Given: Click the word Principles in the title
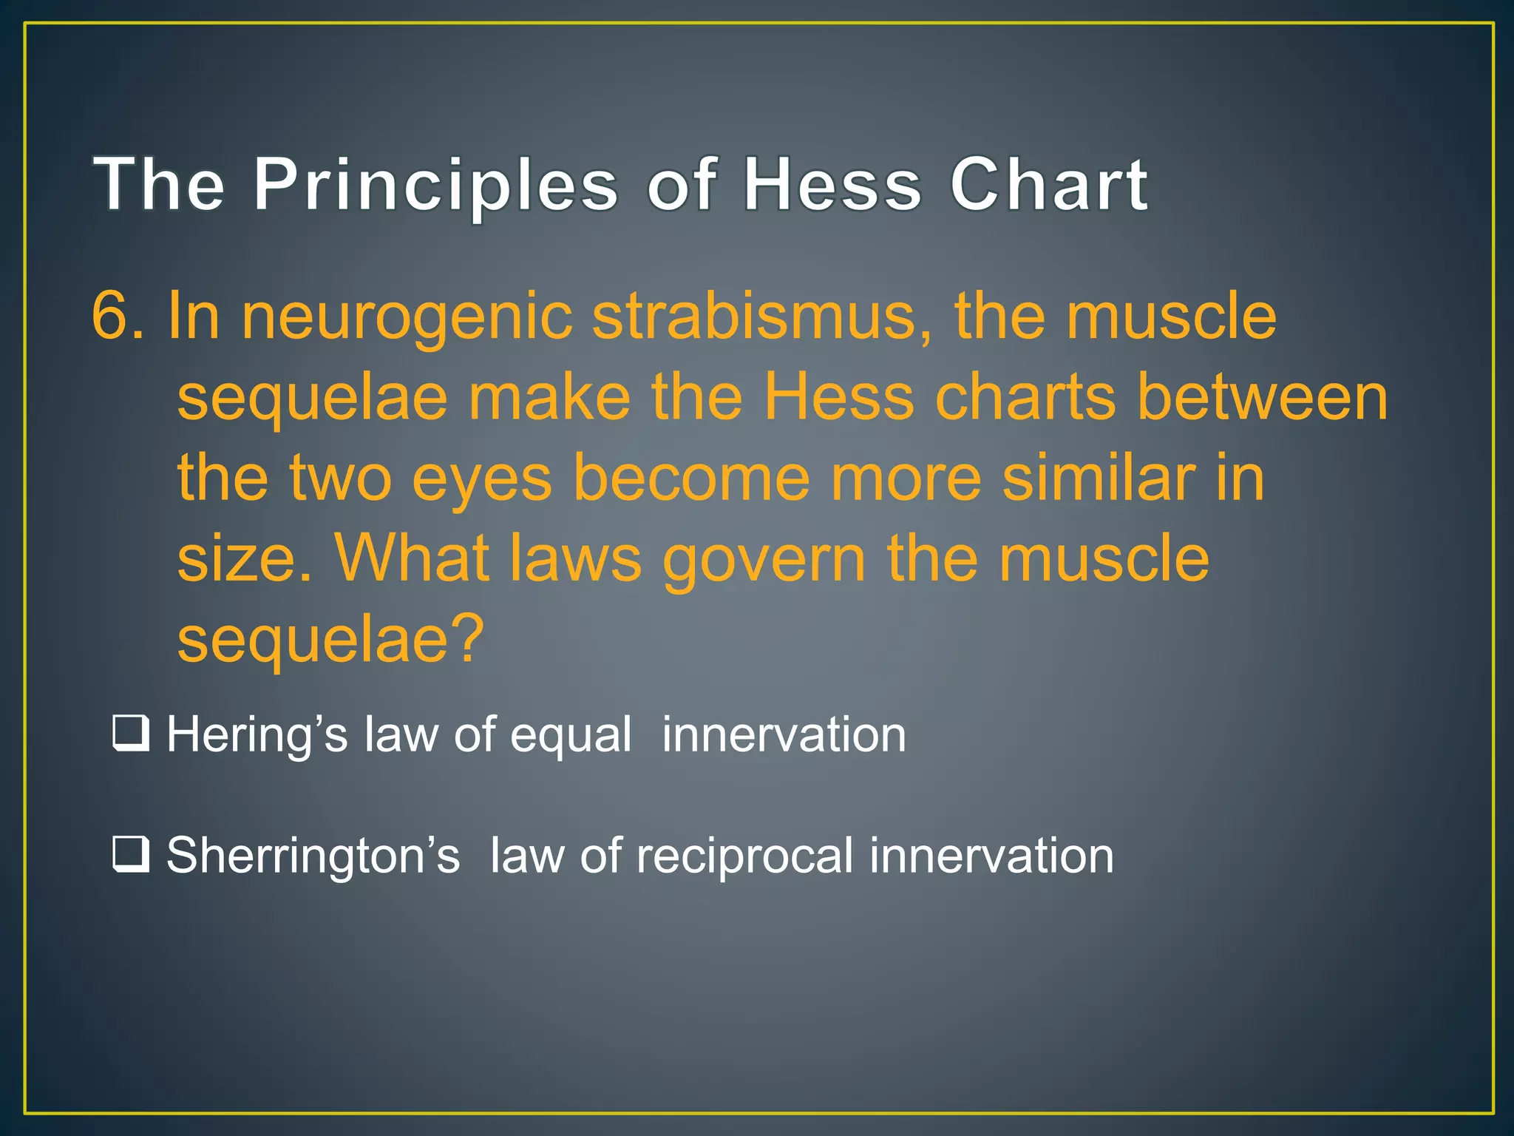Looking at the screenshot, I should point(435,185).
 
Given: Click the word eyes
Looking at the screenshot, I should point(481,479).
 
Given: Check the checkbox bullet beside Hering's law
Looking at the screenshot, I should point(131,734).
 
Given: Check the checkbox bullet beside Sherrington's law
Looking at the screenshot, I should point(131,854).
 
